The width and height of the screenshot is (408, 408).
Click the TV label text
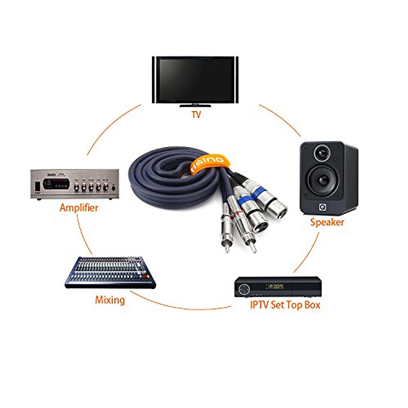click(x=196, y=114)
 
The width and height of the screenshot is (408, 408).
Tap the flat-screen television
click(x=195, y=80)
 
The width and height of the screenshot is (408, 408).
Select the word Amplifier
click(x=79, y=208)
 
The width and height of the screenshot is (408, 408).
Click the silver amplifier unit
click(x=75, y=184)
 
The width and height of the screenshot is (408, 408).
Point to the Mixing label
click(x=110, y=300)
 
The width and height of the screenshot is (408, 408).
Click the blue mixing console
click(x=109, y=272)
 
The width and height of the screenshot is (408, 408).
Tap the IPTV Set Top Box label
click(x=285, y=305)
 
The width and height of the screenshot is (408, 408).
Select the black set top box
click(x=278, y=287)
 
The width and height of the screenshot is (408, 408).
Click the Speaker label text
click(x=327, y=222)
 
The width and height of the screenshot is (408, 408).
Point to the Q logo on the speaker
click(x=322, y=206)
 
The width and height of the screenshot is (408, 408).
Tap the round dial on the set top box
click(x=244, y=289)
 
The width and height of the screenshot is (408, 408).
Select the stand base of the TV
click(x=195, y=106)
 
